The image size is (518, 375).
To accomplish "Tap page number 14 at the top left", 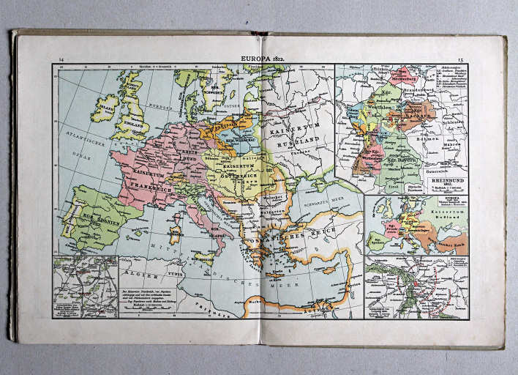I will click(61, 59).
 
